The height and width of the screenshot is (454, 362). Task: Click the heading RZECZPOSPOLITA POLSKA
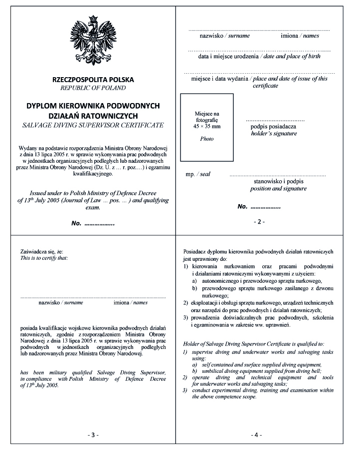[x=93, y=80]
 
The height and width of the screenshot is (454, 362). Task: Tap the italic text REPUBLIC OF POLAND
[x=93, y=88]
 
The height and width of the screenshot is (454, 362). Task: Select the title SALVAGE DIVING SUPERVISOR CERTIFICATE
[x=93, y=125]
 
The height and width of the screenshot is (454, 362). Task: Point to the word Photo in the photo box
[x=206, y=139]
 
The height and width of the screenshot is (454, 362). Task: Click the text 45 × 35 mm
[x=206, y=127]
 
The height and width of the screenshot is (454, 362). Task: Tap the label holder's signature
[x=274, y=134]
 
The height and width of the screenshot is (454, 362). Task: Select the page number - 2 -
[x=260, y=222]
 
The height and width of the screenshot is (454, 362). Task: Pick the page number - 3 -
[x=93, y=435]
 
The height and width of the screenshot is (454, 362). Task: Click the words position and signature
[x=278, y=189]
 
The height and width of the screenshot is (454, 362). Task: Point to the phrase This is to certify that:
[x=44, y=258]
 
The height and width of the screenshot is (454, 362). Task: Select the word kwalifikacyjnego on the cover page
[x=93, y=174]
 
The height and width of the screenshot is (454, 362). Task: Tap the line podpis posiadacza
[x=273, y=127]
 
